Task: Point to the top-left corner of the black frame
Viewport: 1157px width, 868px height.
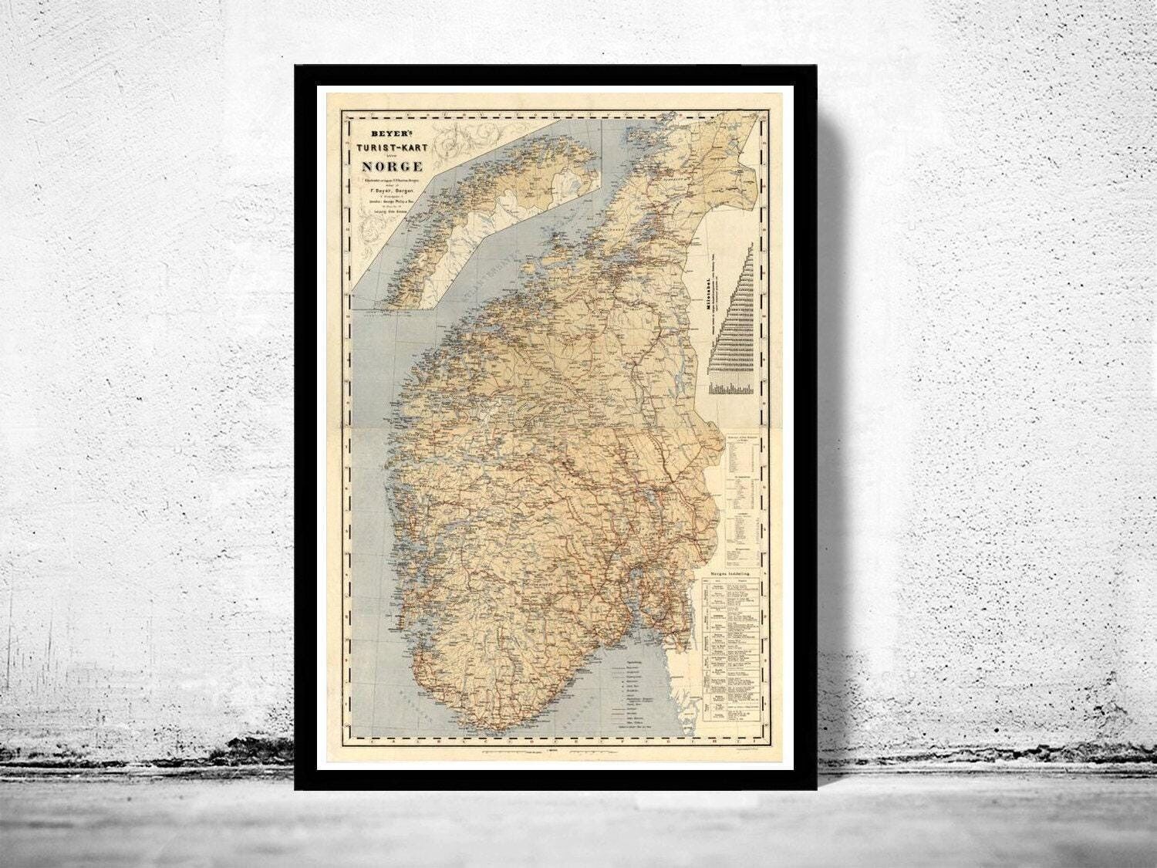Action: [x=296, y=66]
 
